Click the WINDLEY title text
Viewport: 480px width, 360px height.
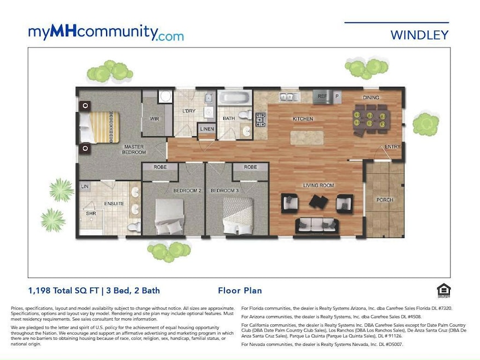point(419,35)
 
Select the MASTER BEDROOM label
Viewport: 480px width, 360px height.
point(134,149)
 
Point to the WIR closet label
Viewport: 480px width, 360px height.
point(155,118)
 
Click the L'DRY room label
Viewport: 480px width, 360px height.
point(188,111)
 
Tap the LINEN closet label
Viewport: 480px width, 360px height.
point(207,129)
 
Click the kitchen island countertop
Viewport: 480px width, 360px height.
point(306,137)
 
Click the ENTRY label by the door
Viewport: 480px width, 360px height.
point(392,147)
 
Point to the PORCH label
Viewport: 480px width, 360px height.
point(385,200)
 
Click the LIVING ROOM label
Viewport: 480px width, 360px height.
point(319,185)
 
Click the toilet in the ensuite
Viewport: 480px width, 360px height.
point(134,227)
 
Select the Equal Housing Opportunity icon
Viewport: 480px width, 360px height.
point(442,289)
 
